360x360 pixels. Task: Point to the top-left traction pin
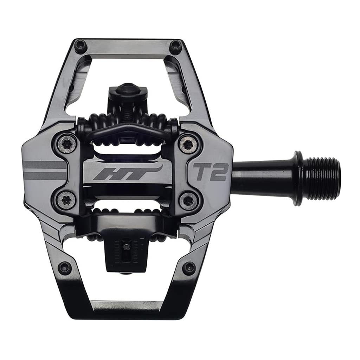81,45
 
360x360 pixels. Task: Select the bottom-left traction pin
64,267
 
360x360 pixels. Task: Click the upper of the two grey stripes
44,165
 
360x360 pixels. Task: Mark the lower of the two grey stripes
44,175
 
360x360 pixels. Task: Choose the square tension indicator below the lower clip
126,248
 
